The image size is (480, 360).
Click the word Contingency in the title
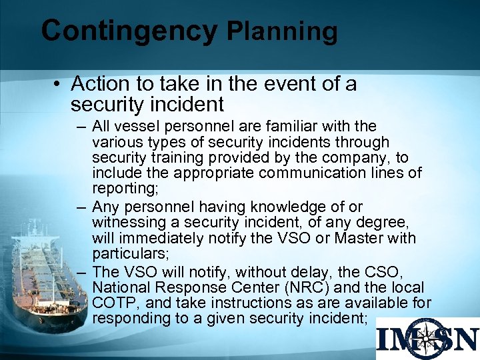pyautogui.click(x=129, y=31)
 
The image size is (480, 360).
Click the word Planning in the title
pyautogui.click(x=282, y=31)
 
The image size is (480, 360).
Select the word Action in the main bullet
pyautogui.click(x=96, y=84)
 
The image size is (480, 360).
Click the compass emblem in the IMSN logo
pyautogui.click(x=428, y=339)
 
